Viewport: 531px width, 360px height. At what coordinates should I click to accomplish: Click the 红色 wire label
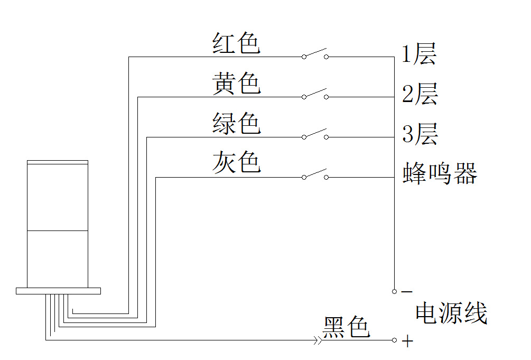coord(236,43)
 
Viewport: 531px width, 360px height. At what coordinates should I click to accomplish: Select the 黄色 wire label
coord(236,83)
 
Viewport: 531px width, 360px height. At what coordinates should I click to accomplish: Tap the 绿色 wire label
coord(236,123)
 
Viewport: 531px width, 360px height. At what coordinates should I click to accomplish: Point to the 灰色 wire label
coord(236,162)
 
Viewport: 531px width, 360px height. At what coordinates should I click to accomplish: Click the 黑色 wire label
coord(346,327)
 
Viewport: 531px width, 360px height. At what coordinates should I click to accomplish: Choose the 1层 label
coord(419,54)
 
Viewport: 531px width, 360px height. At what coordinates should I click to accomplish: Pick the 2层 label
coord(420,94)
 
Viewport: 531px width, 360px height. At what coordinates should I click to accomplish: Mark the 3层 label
coord(420,134)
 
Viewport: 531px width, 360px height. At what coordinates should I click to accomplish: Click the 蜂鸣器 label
coord(440,173)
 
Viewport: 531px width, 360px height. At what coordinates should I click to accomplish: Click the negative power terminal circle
coord(394,291)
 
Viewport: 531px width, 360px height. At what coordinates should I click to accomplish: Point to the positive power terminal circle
coord(394,340)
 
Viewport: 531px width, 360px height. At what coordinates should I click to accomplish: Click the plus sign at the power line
coord(407,341)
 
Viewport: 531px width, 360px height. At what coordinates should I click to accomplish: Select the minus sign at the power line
coord(407,291)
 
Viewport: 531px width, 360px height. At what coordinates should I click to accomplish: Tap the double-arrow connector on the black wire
coord(318,340)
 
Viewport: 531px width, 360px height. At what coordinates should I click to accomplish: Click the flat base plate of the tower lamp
coord(58,291)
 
